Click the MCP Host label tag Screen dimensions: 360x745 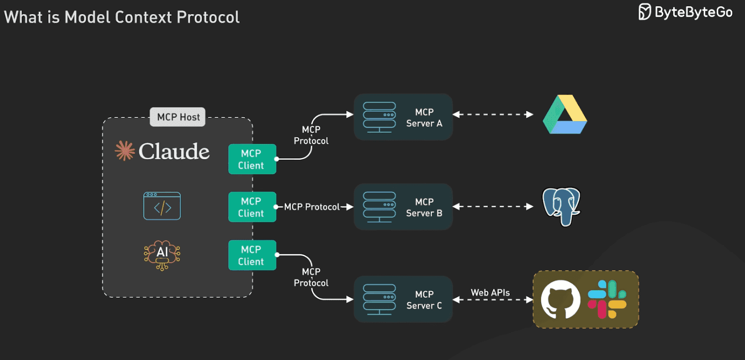[x=177, y=117]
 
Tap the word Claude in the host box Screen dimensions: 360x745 [x=174, y=151]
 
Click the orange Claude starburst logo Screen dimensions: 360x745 [x=125, y=150]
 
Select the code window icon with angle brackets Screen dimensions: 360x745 [x=162, y=206]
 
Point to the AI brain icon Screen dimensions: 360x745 [x=162, y=255]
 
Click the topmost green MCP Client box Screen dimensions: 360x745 [x=252, y=159]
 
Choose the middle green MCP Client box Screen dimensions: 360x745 [x=252, y=207]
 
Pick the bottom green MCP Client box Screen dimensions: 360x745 [x=252, y=255]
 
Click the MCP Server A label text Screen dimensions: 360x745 [x=424, y=118]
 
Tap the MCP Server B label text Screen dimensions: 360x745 [x=424, y=208]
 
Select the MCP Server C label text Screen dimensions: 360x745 [x=424, y=300]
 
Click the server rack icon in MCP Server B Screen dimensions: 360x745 [x=379, y=207]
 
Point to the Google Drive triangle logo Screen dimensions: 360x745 [x=565, y=115]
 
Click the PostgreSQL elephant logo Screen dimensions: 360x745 [x=562, y=206]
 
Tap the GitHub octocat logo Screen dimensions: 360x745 [x=560, y=299]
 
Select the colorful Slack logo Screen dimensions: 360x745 [x=607, y=299]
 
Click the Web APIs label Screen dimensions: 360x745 [x=490, y=292]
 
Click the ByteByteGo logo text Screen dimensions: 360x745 [x=693, y=12]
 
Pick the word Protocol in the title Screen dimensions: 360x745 [x=208, y=17]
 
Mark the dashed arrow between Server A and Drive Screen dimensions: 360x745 [x=493, y=115]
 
